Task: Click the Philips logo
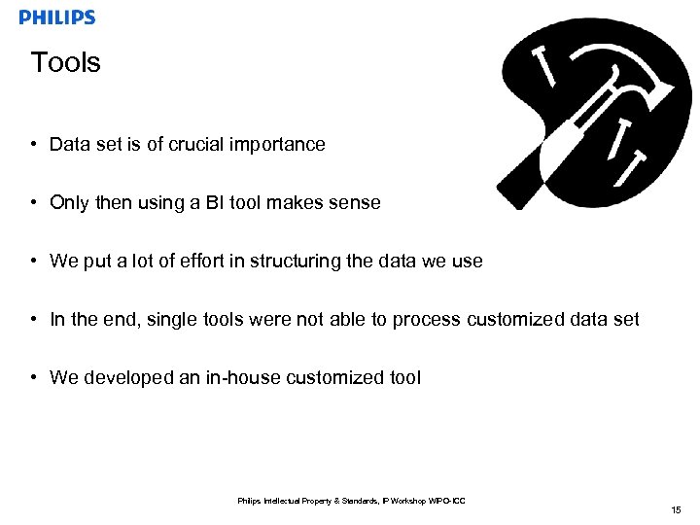pos(57,17)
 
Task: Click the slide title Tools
pos(65,62)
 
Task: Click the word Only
pos(69,203)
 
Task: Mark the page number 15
pos(676,510)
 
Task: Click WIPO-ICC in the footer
pos(448,501)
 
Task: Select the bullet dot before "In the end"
pos(34,320)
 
